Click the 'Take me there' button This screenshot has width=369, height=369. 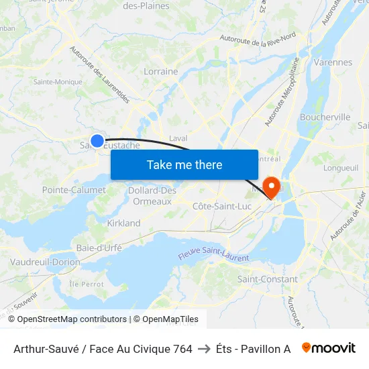184,164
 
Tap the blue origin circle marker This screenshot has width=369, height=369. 97,141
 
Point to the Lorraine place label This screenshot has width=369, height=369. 161,71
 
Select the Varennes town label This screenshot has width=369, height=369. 332,62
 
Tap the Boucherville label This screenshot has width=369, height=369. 325,117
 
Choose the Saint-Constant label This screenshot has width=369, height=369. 268,278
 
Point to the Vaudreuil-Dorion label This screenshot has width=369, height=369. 45,262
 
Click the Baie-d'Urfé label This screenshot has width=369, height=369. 99,248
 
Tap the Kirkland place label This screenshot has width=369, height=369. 124,223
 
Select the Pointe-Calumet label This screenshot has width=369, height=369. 74,190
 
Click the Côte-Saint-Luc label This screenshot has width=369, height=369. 222,206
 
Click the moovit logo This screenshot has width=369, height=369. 328,348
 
